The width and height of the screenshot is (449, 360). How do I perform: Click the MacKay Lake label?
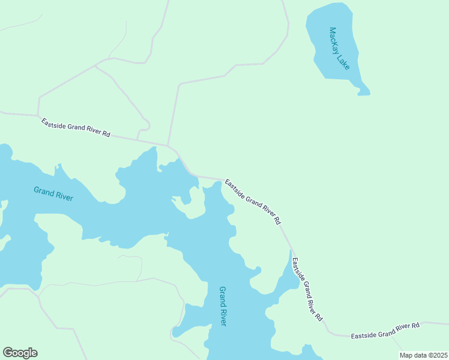click(339, 49)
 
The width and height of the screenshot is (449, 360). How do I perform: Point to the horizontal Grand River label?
click(53, 194)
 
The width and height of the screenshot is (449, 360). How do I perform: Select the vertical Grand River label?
click(223, 306)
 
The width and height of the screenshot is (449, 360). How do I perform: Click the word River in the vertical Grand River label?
click(223, 317)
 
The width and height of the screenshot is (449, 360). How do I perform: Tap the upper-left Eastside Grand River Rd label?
click(76, 128)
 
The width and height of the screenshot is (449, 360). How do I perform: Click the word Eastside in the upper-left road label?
click(52, 123)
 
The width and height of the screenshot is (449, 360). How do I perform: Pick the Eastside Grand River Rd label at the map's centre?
click(253, 201)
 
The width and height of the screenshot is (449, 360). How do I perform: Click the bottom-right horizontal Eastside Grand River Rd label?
click(385, 330)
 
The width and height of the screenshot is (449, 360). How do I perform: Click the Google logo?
click(20, 353)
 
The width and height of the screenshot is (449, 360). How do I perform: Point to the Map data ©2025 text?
click(423, 355)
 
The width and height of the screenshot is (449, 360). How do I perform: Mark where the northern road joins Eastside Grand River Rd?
click(167, 145)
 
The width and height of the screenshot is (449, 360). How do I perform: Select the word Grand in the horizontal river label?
click(43, 191)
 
